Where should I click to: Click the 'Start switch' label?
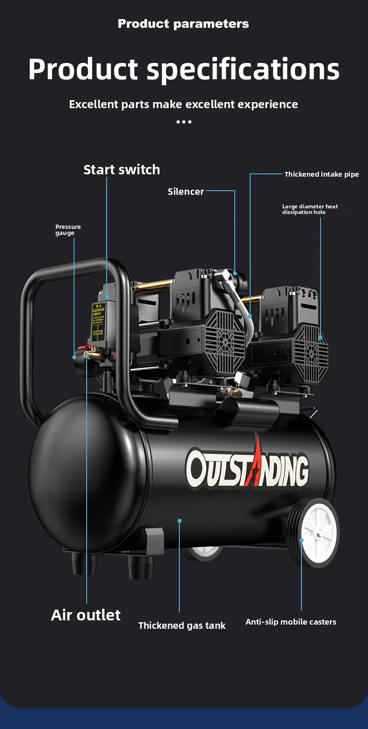tap(122, 170)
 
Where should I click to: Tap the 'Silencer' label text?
tap(185, 192)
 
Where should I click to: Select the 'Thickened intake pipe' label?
tap(321, 174)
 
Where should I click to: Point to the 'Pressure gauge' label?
tap(68, 230)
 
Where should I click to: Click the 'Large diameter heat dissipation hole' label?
tap(310, 209)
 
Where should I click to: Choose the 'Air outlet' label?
tap(86, 615)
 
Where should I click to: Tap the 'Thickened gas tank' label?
tap(182, 626)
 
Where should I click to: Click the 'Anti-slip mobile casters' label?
tap(291, 622)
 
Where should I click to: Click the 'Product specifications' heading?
tap(184, 69)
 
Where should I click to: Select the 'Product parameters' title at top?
tap(184, 24)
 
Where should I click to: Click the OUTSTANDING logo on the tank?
tap(247, 468)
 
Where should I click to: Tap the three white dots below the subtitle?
tap(184, 122)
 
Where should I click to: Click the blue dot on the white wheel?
tap(301, 541)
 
